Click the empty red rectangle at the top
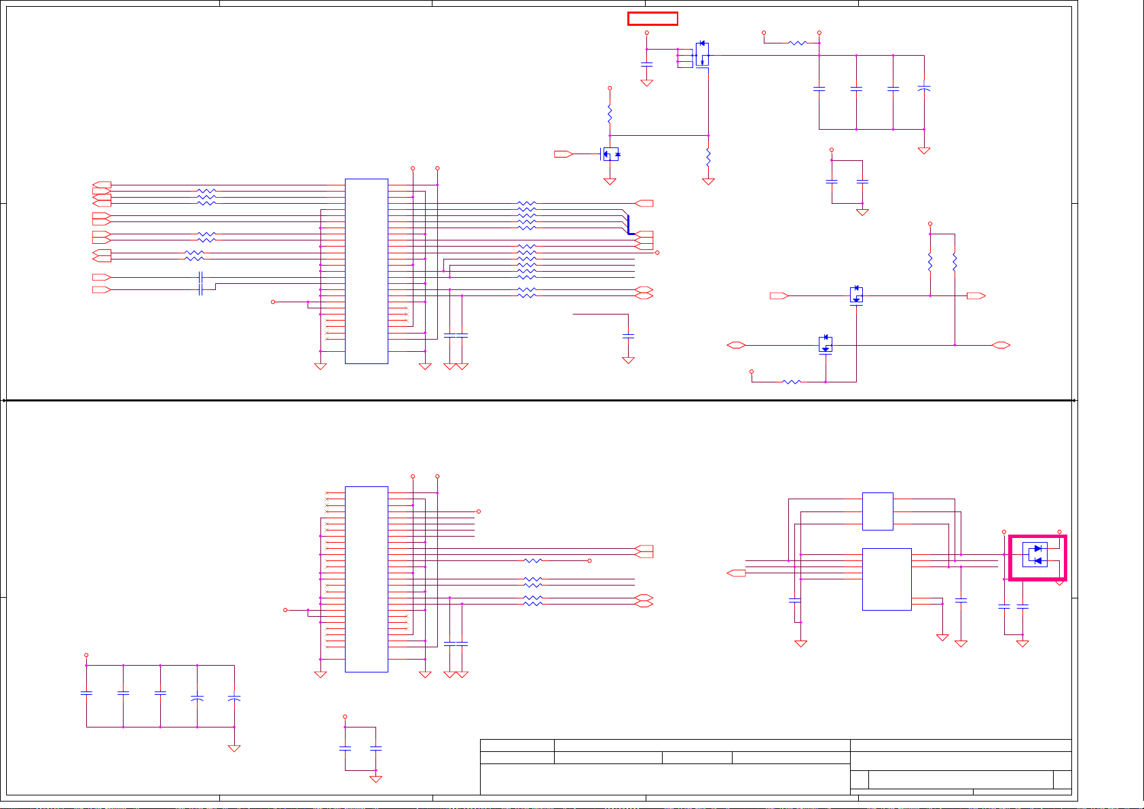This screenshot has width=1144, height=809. (652, 18)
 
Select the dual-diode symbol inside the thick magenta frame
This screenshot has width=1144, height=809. (1035, 554)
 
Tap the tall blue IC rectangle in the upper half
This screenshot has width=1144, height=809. (367, 271)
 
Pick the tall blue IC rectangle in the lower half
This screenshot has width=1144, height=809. (367, 579)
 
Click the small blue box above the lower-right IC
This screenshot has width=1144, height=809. (877, 511)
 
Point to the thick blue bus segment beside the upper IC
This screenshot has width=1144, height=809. (629, 225)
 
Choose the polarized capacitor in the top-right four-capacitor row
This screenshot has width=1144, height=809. (923, 88)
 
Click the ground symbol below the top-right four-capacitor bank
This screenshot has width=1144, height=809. (923, 151)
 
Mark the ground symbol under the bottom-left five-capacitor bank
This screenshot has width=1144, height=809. (234, 748)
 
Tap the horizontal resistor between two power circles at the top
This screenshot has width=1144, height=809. (798, 43)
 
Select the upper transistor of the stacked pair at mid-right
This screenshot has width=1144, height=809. (856, 295)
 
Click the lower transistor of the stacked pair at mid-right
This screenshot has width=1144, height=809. (826, 344)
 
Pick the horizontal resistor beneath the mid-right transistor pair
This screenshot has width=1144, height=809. (792, 382)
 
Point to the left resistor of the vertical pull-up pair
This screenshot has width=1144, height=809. (930, 262)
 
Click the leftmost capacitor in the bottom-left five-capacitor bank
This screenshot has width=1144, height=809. (86, 693)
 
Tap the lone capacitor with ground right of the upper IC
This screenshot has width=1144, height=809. (629, 336)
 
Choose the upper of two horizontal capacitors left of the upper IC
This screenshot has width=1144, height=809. (200, 277)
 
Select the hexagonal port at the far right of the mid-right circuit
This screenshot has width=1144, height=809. (1001, 345)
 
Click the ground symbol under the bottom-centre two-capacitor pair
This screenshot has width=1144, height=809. (375, 778)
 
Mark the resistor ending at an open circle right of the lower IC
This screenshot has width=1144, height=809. (534, 560)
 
